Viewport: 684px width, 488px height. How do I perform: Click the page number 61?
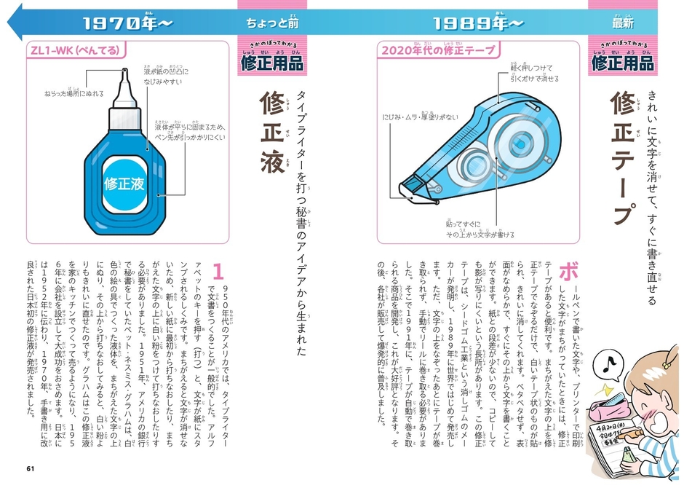tap(30, 468)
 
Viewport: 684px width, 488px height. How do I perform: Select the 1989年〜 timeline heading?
tap(477, 23)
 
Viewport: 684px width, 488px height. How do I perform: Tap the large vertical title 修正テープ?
tap(622, 157)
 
